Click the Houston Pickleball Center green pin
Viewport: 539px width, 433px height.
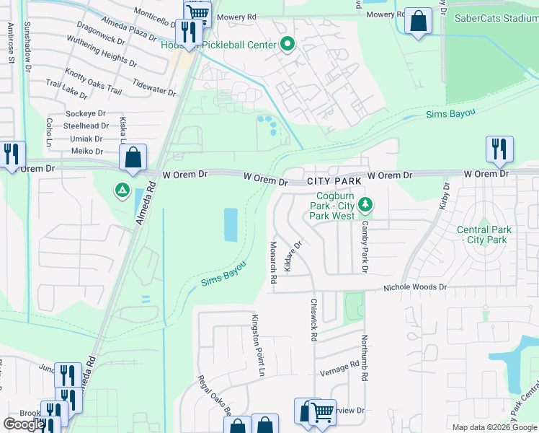coord(287,45)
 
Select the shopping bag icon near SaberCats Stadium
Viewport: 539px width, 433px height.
coord(418,22)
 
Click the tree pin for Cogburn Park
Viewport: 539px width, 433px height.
coord(366,205)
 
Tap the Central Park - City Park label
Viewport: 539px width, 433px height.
coord(484,235)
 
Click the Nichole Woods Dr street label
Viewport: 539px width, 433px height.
coord(415,287)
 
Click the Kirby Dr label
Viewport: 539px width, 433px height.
coord(444,196)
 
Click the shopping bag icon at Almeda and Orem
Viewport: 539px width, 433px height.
coord(133,158)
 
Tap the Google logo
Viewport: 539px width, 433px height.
coord(24,424)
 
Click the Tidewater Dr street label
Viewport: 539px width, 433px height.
coord(153,87)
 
